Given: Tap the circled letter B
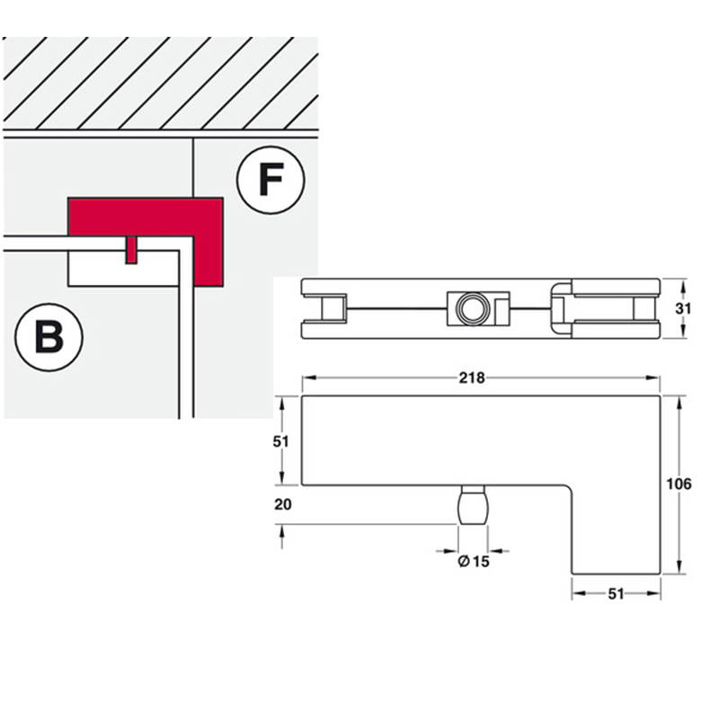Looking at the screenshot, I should tap(49, 338).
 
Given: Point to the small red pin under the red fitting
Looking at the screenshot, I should tap(131, 252).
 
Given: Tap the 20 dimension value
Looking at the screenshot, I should tap(282, 505).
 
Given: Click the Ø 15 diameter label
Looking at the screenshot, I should tap(473, 563).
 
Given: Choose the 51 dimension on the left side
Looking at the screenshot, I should tap(282, 440).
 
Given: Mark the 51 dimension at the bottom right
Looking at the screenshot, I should tap(616, 593).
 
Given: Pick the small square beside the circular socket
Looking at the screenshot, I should tap(501, 308).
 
